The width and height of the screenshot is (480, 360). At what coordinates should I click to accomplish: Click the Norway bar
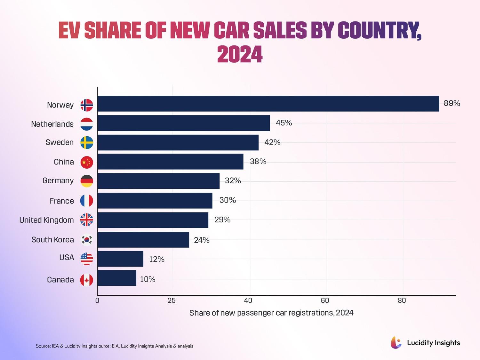click(x=268, y=104)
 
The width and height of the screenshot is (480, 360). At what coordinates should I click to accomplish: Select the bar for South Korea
click(x=143, y=240)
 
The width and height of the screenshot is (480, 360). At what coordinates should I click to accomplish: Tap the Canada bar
click(x=117, y=278)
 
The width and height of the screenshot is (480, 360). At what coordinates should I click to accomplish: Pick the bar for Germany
click(x=158, y=181)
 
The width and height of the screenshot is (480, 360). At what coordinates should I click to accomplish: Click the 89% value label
click(x=452, y=103)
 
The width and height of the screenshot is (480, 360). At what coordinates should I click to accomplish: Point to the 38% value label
click(x=258, y=162)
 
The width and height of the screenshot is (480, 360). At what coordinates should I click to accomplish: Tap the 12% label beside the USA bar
click(x=156, y=259)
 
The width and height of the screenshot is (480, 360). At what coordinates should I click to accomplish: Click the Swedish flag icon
click(x=87, y=142)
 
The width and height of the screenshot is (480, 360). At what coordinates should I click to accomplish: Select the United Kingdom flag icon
click(x=87, y=220)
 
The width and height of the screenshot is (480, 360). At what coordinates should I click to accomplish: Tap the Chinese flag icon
click(x=87, y=162)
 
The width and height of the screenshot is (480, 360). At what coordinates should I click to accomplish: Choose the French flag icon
click(x=87, y=201)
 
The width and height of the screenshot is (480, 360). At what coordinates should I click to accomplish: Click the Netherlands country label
click(x=52, y=124)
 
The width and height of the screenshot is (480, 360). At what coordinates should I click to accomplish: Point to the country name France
click(x=62, y=201)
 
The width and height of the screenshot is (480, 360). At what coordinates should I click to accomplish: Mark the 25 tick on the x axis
click(x=172, y=301)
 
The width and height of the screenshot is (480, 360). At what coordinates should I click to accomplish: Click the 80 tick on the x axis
click(x=402, y=301)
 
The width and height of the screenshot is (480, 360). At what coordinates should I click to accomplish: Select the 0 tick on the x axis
click(x=97, y=301)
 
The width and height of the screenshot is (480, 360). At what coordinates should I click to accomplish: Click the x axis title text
click(x=271, y=313)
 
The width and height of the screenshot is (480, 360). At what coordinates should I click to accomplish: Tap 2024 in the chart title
click(x=240, y=54)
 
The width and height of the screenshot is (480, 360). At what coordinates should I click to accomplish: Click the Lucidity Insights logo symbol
click(x=396, y=342)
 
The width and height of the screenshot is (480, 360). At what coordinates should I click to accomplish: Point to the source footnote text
click(x=115, y=346)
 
